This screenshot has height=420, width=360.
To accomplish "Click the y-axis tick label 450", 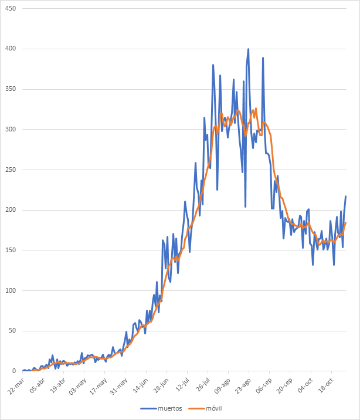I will [x=11, y=9].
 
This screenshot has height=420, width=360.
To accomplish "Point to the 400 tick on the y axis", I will [x=11, y=49].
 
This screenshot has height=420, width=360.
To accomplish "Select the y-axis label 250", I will [x=11, y=170].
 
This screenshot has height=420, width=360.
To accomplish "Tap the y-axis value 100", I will [x=11, y=291].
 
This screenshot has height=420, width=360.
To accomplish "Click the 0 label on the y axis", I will [x=14, y=371].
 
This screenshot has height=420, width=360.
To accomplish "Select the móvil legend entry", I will [x=212, y=408].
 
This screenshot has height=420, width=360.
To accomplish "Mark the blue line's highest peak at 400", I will [x=248, y=49].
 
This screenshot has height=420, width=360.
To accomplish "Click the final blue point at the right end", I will [x=346, y=197].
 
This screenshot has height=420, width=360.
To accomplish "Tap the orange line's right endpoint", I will [x=346, y=223].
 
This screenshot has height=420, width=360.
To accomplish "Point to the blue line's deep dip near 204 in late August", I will [x=245, y=206].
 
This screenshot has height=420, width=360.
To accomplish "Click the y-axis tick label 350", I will [x=11, y=90].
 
